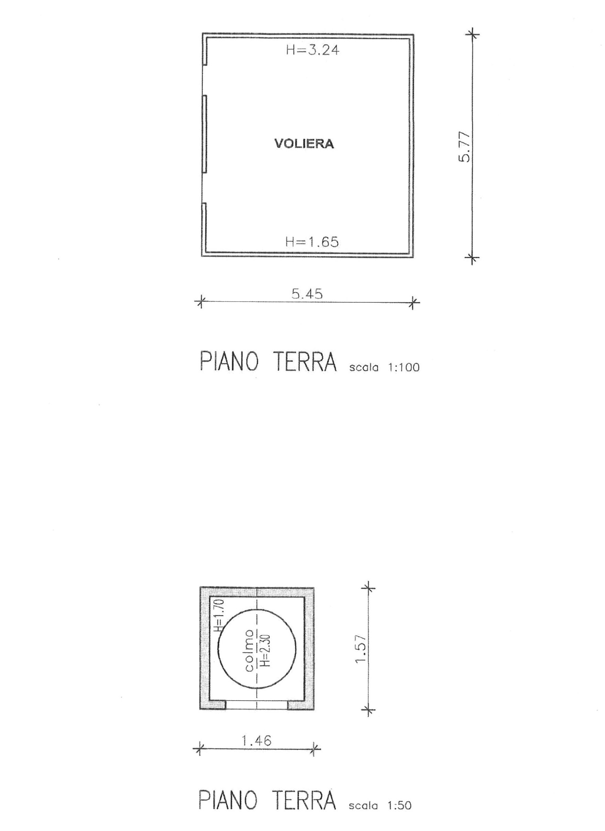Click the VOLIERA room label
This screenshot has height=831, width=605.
click(304, 144)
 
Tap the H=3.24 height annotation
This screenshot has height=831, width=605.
click(313, 50)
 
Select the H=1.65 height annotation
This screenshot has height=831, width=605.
click(312, 242)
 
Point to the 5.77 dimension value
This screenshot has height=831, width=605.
click(464, 147)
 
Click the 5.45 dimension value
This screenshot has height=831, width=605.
click(307, 294)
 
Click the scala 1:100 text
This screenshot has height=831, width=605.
click(384, 367)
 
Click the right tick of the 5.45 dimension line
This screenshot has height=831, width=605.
click(413, 302)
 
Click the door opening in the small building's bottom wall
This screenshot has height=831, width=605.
click(256, 704)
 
